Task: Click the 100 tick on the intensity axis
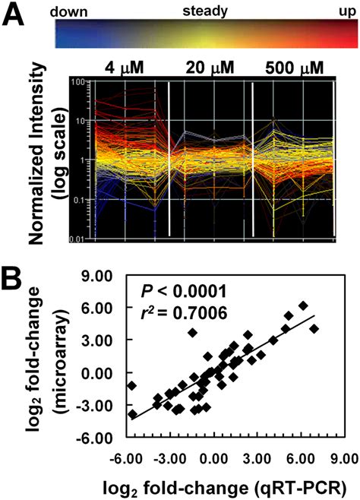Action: point(76,81)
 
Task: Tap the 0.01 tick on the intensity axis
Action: point(74,240)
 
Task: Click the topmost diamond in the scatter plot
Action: point(304,305)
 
